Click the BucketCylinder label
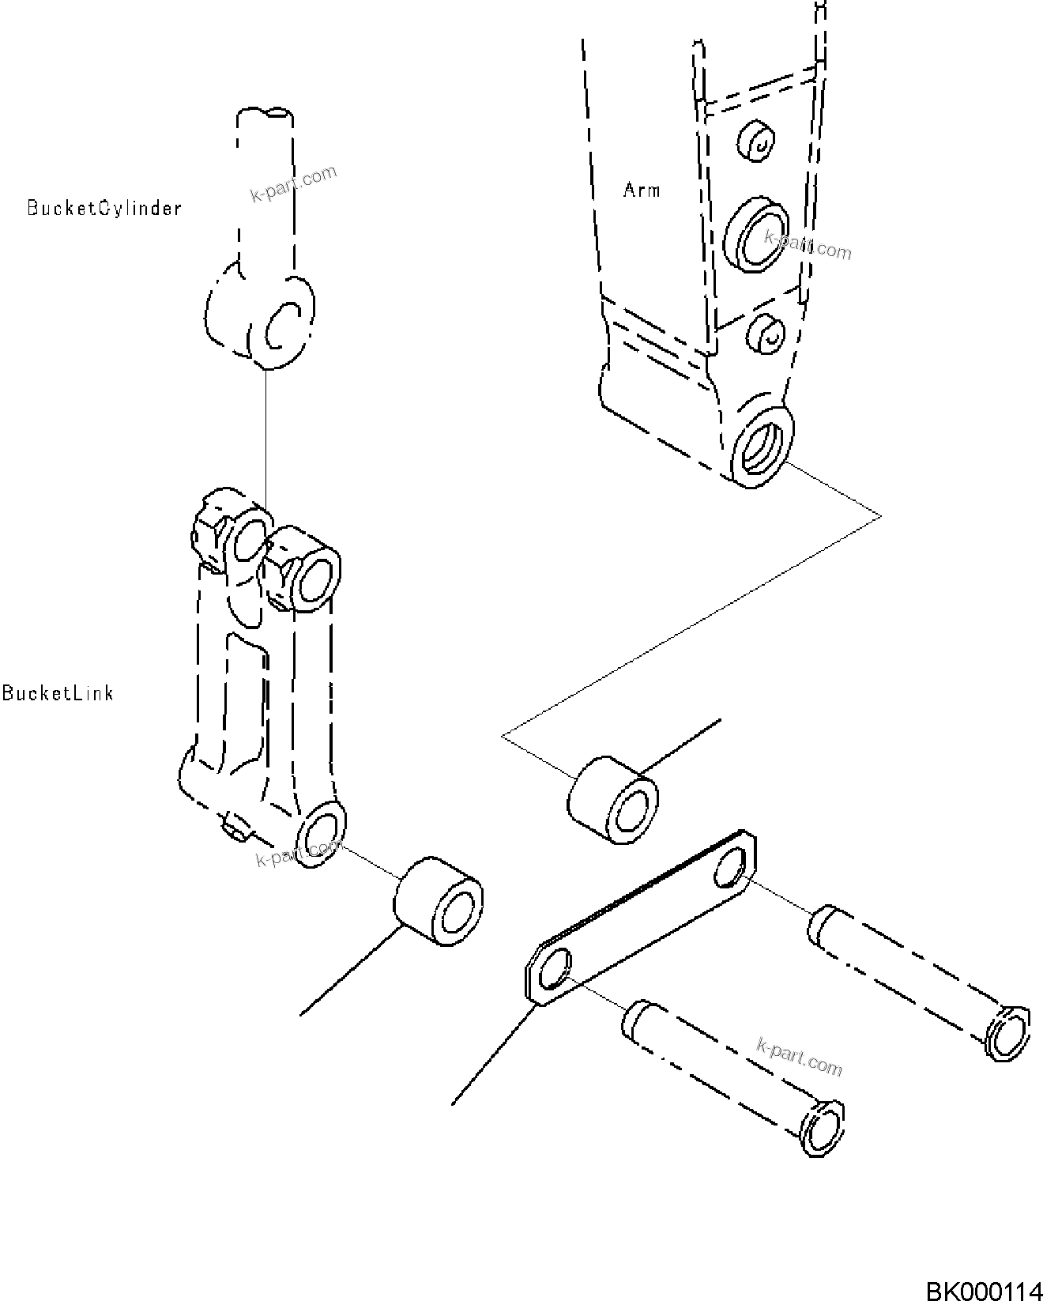[x=104, y=208]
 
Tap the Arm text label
[x=641, y=190]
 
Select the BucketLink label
[x=58, y=693]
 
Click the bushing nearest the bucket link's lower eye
[x=439, y=900]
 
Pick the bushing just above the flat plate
[x=613, y=799]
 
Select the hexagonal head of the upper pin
[x=1008, y=1032]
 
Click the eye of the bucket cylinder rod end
[x=281, y=328]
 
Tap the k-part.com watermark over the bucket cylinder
[x=293, y=184]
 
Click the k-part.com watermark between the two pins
[x=799, y=1058]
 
